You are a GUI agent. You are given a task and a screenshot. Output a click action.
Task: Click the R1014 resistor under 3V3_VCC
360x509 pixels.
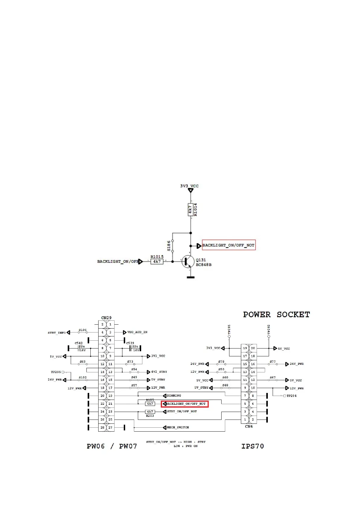pos(190,209)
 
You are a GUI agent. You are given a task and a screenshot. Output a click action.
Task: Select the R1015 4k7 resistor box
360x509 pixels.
pos(157,261)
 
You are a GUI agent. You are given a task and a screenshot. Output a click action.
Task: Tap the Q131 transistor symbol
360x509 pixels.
pos(188,262)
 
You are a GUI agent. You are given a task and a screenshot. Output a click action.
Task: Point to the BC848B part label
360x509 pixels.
pos(204,265)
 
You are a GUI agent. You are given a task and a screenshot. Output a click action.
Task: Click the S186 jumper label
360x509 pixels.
pos(169,246)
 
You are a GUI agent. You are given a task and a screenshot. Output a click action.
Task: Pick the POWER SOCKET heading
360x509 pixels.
pos(276,315)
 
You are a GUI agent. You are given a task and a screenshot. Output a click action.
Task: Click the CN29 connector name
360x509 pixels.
pos(106,318)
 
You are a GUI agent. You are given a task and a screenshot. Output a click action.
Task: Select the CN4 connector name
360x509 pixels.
pos(249,426)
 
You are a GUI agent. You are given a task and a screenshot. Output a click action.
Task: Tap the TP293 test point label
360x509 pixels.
pos(229,329)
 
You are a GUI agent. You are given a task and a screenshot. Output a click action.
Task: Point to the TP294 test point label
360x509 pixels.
pos(291,396)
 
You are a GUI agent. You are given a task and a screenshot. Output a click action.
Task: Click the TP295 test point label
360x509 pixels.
pos(56,372)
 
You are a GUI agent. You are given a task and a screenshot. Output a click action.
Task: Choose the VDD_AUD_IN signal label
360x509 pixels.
pos(137,332)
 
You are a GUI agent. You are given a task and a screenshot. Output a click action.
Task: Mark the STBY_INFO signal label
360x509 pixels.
pos(57,333)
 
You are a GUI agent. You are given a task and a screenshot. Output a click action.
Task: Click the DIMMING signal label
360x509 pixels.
pos(174,396)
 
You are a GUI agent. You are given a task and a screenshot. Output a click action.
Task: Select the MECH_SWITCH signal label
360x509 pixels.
pos(178,427)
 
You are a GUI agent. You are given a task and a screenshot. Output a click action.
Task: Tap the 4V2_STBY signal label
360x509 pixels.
pos(159,372)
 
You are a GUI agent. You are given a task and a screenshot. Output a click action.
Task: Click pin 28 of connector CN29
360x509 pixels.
pos(102,427)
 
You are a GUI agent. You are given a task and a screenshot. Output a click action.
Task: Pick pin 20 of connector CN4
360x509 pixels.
pos(253,348)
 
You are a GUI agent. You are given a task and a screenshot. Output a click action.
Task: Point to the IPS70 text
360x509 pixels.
pos(252,446)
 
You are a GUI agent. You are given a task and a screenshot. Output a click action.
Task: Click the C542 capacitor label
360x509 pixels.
pos(79,343)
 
